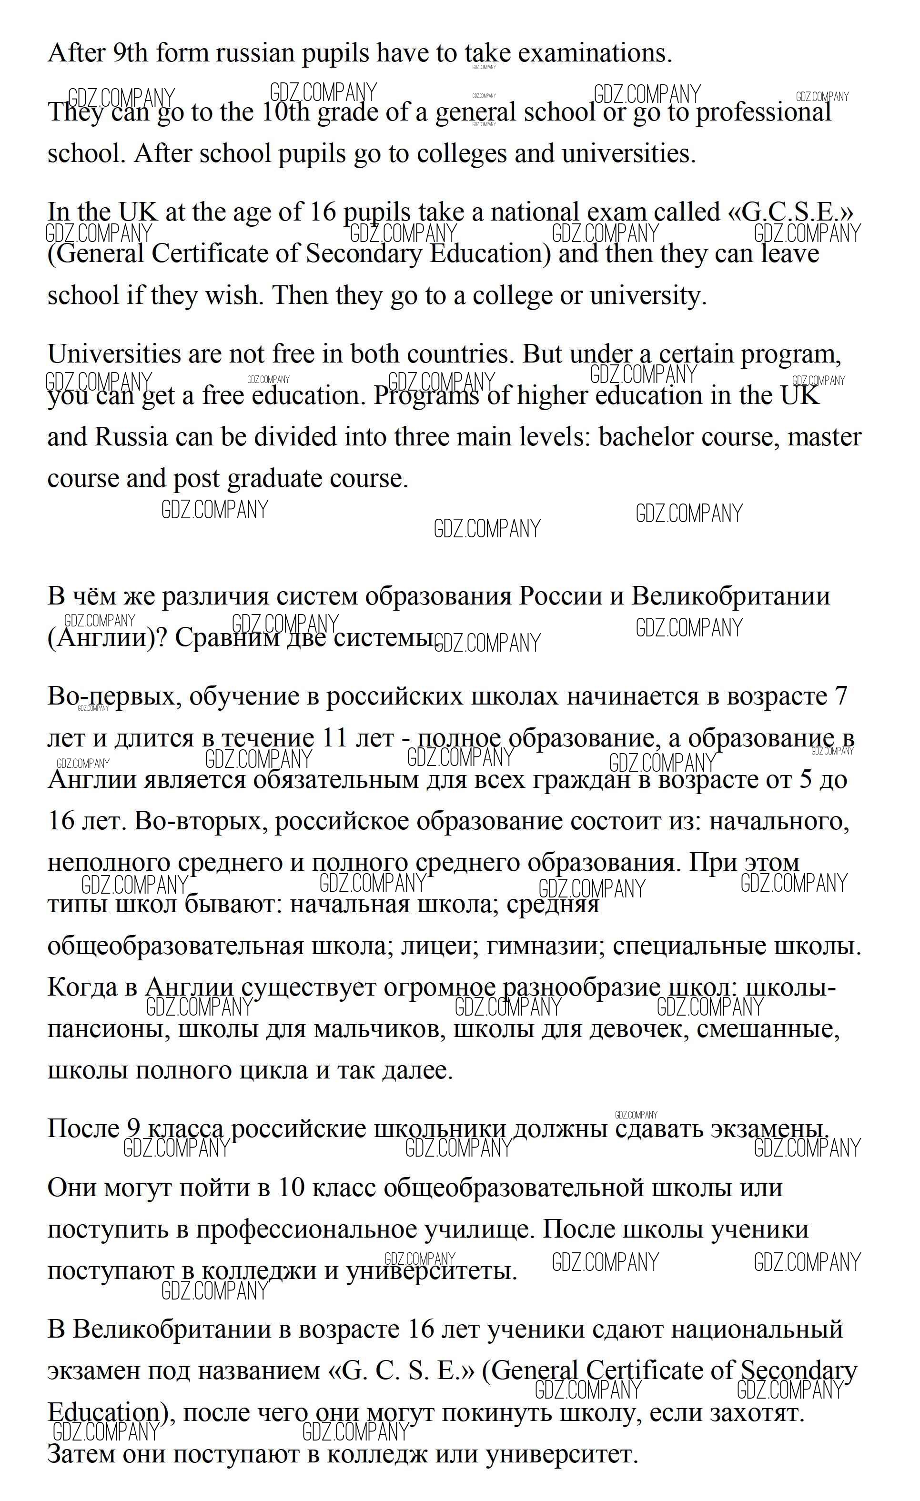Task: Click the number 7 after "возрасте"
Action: pos(841,695)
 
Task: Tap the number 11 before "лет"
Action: pos(334,738)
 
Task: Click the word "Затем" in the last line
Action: pos(81,1455)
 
